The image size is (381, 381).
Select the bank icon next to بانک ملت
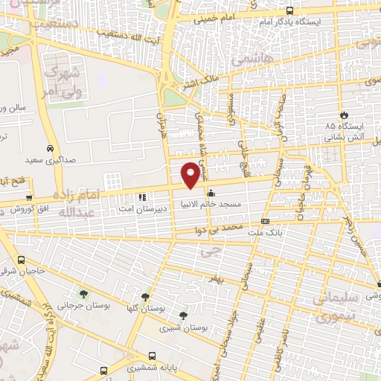(x=266, y=222)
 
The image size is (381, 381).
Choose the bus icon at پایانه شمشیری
(x=153, y=356)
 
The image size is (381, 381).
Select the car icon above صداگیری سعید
(x=49, y=147)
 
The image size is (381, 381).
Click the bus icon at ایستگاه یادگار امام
(x=289, y=10)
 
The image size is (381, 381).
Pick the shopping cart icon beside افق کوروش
(x=28, y=198)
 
